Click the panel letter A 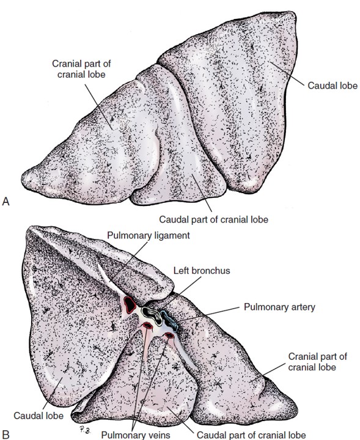(6, 202)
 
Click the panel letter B (6, 435)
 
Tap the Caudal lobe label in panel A (332, 86)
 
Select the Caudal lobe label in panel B (39, 416)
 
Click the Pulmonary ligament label (149, 235)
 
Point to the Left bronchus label (202, 271)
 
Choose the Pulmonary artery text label (279, 307)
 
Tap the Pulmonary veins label (136, 435)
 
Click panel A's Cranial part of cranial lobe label (81, 69)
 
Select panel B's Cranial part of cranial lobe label (318, 362)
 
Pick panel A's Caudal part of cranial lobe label (213, 219)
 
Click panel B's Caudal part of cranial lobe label (251, 435)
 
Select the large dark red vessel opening (130, 304)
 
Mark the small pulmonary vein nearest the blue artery (169, 335)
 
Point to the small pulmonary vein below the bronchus (147, 326)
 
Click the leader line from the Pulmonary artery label (209, 313)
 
